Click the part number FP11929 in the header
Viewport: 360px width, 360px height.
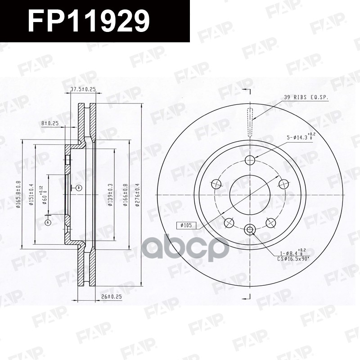coord(88,21)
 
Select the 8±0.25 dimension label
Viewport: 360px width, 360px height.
coord(49,122)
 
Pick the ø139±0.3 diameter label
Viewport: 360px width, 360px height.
coord(111,195)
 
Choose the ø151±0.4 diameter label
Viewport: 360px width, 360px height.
coord(32,195)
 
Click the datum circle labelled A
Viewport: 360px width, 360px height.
coord(48,222)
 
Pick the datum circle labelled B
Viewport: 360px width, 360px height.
coord(78,188)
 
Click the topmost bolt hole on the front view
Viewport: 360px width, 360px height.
coord(250,160)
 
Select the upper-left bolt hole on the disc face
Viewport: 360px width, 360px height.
coord(216,184)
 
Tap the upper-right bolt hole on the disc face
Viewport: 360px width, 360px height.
coord(283,184)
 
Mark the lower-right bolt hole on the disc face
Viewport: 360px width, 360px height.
coord(271,222)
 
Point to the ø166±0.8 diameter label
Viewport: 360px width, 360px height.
coord(125,194)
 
